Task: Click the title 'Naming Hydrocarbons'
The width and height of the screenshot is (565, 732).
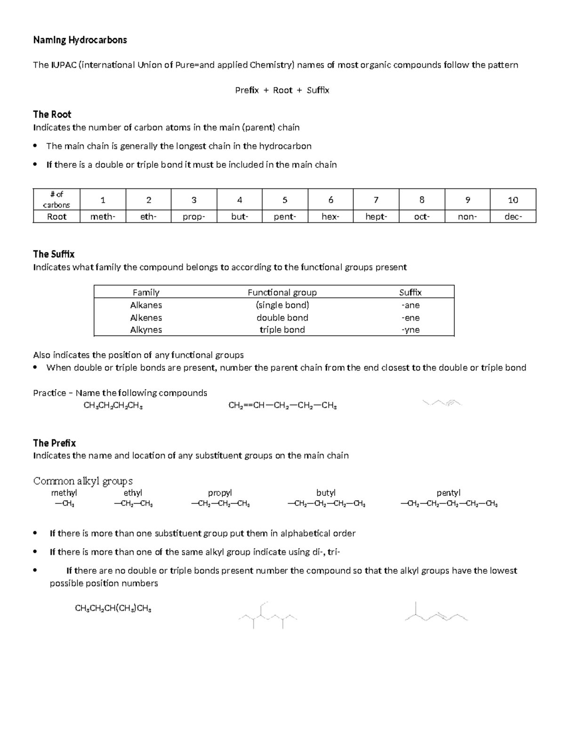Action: pyautogui.click(x=80, y=40)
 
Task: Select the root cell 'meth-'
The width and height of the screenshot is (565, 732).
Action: pyautogui.click(x=103, y=217)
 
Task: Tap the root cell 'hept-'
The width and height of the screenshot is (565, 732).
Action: pyautogui.click(x=376, y=217)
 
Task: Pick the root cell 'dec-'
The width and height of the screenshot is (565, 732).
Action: pyautogui.click(x=513, y=217)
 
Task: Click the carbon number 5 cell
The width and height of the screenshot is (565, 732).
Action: pyautogui.click(x=285, y=200)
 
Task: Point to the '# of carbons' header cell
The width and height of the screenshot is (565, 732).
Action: pyautogui.click(x=56, y=199)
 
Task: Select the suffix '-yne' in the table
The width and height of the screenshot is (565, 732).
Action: pyautogui.click(x=411, y=330)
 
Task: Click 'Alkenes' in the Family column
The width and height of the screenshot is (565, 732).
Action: pyautogui.click(x=146, y=318)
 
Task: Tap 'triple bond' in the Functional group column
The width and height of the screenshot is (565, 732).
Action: pyautogui.click(x=282, y=330)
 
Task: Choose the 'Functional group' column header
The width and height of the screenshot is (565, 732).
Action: pyautogui.click(x=282, y=292)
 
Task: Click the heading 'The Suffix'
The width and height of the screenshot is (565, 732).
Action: pyautogui.click(x=54, y=254)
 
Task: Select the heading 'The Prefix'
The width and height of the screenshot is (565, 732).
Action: pyautogui.click(x=54, y=443)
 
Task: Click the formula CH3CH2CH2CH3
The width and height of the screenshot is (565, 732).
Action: pyautogui.click(x=113, y=406)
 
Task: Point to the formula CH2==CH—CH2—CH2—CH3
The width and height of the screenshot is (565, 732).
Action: pyautogui.click(x=282, y=406)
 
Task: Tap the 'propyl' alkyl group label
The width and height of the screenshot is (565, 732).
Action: pyautogui.click(x=220, y=493)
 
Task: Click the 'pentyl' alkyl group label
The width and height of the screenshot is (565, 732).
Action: pyautogui.click(x=448, y=493)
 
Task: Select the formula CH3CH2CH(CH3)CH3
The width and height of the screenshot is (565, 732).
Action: pyautogui.click(x=113, y=609)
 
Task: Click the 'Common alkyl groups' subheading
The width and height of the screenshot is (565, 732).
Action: pyautogui.click(x=83, y=481)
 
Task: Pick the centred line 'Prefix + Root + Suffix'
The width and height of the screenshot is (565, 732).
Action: pyautogui.click(x=282, y=90)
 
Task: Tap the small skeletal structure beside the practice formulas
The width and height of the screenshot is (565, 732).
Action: pyautogui.click(x=443, y=403)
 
